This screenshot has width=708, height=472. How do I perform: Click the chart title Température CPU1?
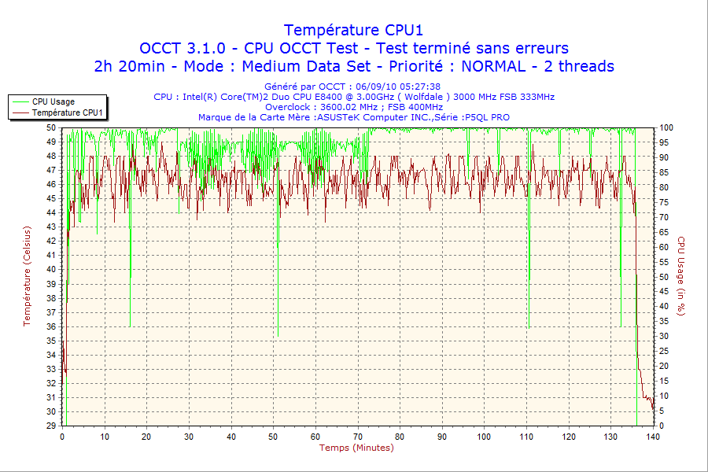353,30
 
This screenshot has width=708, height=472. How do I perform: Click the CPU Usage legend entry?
53,101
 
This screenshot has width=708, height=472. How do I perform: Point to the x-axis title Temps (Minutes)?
356,448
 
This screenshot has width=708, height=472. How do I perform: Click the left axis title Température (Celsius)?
27,275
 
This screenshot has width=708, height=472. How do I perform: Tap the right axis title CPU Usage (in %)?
681,275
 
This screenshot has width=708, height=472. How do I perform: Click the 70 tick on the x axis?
358,437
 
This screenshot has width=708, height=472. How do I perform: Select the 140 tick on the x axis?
653,437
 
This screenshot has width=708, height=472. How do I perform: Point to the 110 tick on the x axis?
526,437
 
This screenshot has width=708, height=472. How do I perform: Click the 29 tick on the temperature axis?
51,426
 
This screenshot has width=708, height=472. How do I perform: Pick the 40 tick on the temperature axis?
51,268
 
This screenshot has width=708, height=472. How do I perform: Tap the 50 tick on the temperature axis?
51,127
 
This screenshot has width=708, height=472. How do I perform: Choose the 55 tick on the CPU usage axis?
664,261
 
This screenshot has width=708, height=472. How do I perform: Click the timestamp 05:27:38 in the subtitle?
419,87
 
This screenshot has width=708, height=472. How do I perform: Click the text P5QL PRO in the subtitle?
487,117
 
